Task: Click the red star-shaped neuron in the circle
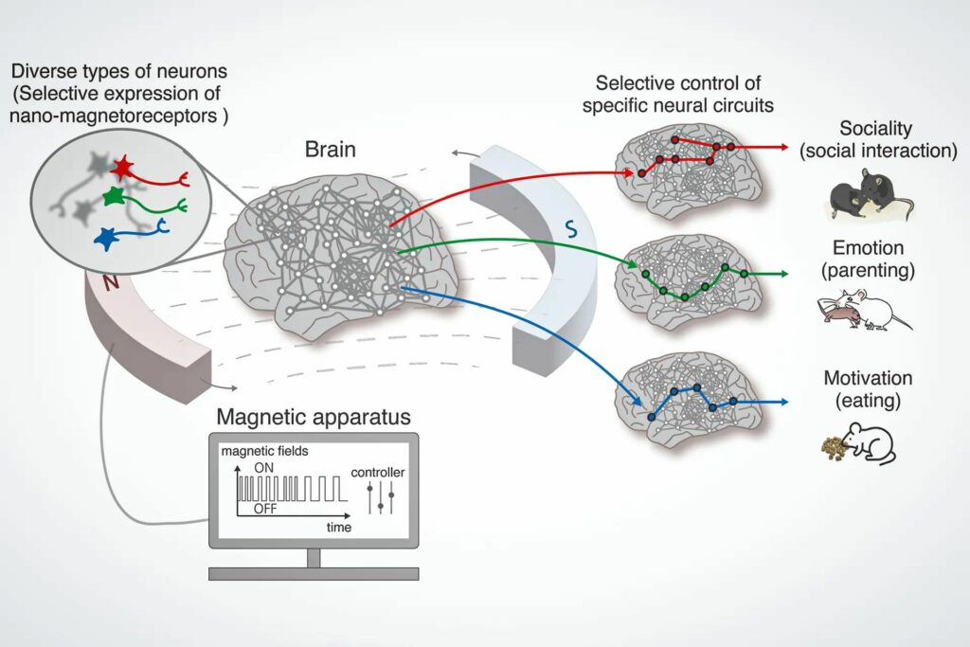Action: [x=122, y=169]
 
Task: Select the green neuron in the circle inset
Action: [x=114, y=197]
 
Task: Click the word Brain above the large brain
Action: [x=331, y=150]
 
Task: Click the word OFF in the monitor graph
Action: [x=266, y=509]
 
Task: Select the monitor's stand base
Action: [x=314, y=572]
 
